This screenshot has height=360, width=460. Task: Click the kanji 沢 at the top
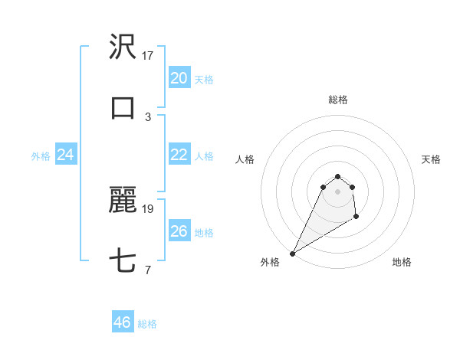click(123, 48)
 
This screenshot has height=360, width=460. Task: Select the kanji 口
click(123, 108)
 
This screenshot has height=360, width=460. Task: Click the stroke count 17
click(148, 55)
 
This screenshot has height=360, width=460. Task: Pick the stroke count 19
click(148, 208)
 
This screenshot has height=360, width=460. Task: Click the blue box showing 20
click(179, 78)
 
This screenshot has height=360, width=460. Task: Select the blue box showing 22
click(179, 155)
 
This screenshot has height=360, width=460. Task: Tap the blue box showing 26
click(179, 231)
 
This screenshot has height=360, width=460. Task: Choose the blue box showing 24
click(66, 155)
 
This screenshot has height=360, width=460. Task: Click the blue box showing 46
click(123, 322)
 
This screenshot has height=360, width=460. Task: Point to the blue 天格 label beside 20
click(204, 80)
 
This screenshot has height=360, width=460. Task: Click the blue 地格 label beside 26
click(204, 233)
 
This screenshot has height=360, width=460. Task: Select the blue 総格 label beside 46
click(147, 324)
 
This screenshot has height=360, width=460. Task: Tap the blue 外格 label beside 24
click(41, 156)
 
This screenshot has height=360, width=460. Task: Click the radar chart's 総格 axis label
click(338, 100)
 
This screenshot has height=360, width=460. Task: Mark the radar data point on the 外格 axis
click(292, 254)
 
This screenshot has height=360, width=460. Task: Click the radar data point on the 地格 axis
click(356, 218)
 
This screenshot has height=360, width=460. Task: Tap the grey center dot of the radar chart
click(338, 191)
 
